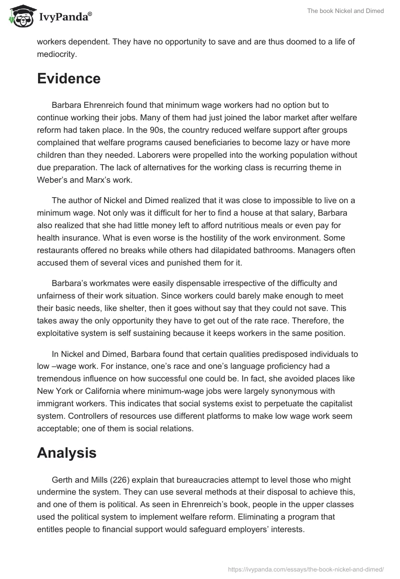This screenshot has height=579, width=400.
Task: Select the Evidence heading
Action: (x=68, y=78)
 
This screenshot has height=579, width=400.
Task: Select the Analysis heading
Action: (x=67, y=439)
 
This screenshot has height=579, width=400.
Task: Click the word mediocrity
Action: (x=57, y=54)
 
